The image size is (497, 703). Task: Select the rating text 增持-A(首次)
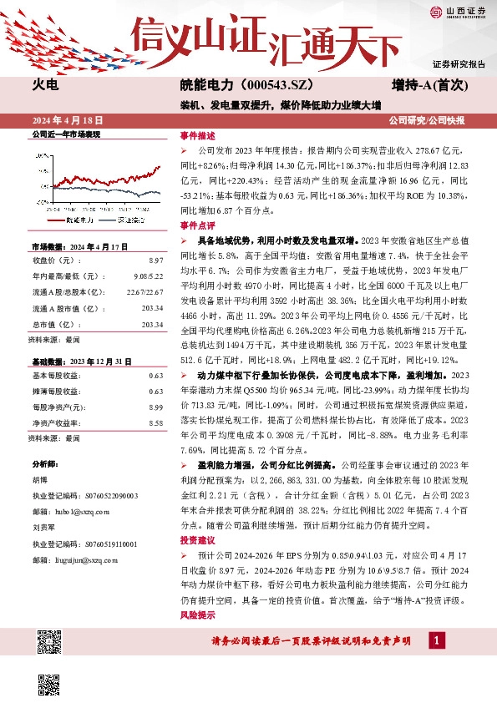click(x=428, y=85)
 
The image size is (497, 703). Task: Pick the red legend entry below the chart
click(x=71, y=220)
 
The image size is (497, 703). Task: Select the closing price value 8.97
click(x=155, y=262)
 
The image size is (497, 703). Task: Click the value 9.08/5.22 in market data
click(x=147, y=277)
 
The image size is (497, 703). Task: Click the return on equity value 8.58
click(x=155, y=423)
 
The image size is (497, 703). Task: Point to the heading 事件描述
click(x=197, y=134)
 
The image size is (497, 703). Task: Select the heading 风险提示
click(x=197, y=615)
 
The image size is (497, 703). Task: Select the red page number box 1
click(x=436, y=640)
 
